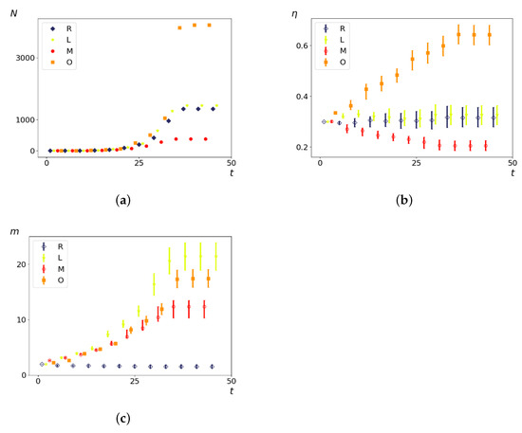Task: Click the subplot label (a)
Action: point(121,199)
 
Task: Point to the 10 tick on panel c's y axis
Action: point(26,320)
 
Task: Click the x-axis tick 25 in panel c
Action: point(134,384)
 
